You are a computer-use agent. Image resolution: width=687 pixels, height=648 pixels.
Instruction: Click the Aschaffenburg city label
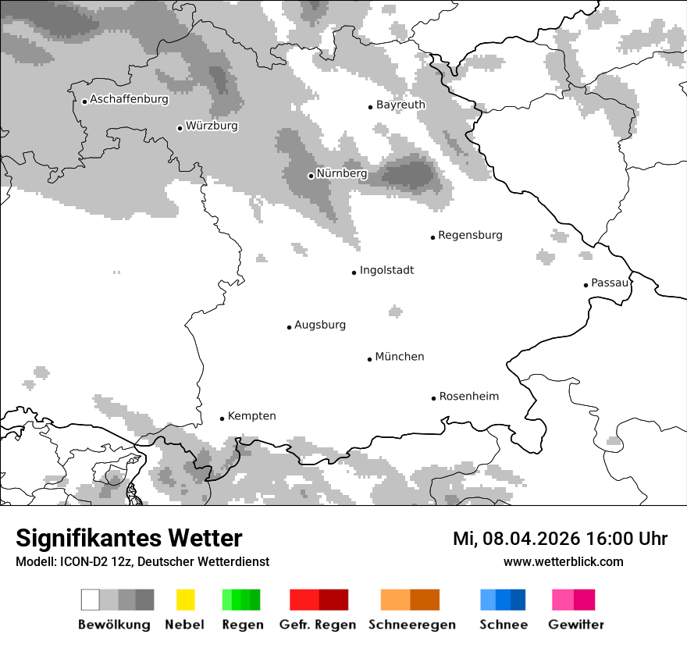[x=129, y=99]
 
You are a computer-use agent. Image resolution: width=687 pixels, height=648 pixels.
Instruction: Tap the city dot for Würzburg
[x=180, y=128]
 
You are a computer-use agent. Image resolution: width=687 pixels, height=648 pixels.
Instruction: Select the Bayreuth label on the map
[x=400, y=105]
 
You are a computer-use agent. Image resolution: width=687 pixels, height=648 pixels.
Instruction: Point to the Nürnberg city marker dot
[x=311, y=176]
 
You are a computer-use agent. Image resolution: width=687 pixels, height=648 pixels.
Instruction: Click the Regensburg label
[x=470, y=235]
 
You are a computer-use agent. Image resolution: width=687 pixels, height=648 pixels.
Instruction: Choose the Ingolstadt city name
[x=386, y=270]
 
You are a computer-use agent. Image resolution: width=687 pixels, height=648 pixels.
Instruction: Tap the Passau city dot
[x=586, y=285]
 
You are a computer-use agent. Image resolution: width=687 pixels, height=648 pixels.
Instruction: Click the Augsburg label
[x=319, y=325]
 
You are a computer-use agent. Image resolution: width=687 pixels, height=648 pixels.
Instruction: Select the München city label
[x=400, y=357]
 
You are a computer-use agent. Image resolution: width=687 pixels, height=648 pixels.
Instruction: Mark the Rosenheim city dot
[x=433, y=398]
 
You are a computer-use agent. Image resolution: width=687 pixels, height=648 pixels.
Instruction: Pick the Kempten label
[x=251, y=416]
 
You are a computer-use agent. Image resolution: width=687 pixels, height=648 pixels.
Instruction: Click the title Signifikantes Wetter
[x=129, y=538]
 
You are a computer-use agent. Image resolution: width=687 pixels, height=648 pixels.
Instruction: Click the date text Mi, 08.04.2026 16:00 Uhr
[x=560, y=539]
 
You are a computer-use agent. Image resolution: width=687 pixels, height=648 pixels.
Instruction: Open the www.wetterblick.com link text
[x=563, y=561]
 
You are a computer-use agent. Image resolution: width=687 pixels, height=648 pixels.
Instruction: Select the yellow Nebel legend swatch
[x=185, y=600]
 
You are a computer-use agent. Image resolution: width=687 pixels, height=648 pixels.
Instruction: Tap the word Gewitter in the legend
[x=575, y=625]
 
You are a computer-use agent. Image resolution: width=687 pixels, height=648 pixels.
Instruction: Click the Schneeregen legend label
[x=411, y=625]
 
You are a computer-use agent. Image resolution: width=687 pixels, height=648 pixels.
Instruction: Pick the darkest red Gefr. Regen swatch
[x=333, y=600]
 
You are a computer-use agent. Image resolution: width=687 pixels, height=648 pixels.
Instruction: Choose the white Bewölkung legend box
[x=91, y=600]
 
